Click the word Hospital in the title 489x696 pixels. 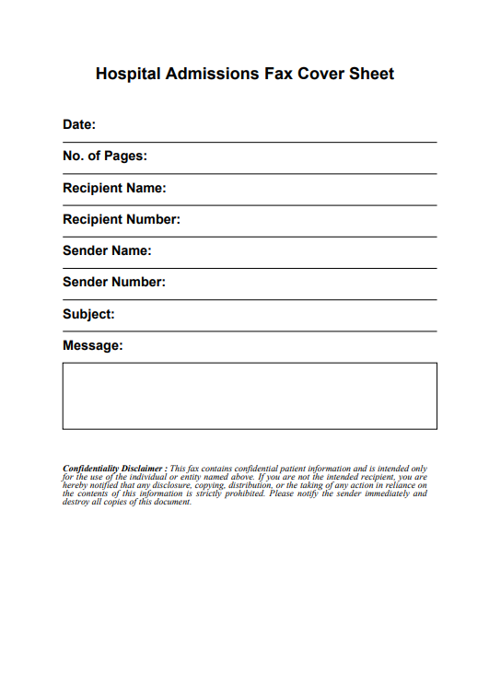click(128, 74)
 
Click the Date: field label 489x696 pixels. click(79, 124)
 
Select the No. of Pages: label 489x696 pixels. click(104, 156)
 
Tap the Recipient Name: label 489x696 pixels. click(114, 188)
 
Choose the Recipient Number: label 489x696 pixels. click(122, 219)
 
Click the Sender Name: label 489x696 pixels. click(107, 250)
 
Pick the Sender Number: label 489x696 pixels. click(114, 282)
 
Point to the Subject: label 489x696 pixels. click(88, 314)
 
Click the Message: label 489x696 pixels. click(92, 345)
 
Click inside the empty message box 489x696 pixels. click(250, 396)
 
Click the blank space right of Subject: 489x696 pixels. click(276, 317)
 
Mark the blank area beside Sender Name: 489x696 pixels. click(295, 253)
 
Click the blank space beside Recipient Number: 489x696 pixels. click(309, 222)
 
